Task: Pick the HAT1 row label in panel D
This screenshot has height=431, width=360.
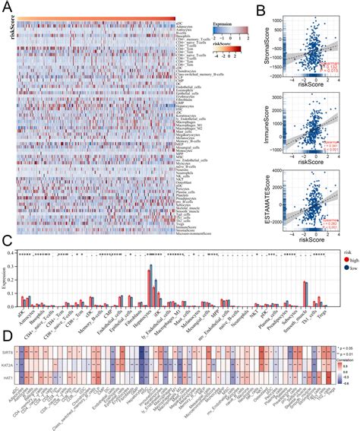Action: [x=22, y=388]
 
